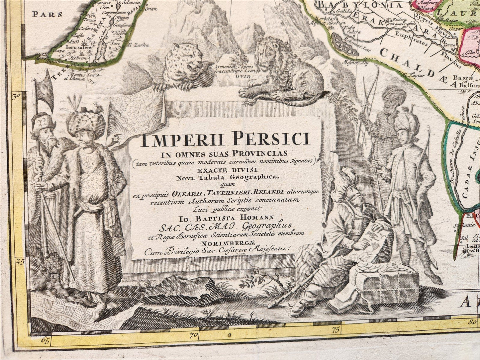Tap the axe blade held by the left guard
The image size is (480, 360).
pos(47,91)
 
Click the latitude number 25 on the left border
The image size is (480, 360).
pos(21,261)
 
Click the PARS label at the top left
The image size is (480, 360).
pos(48,14)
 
